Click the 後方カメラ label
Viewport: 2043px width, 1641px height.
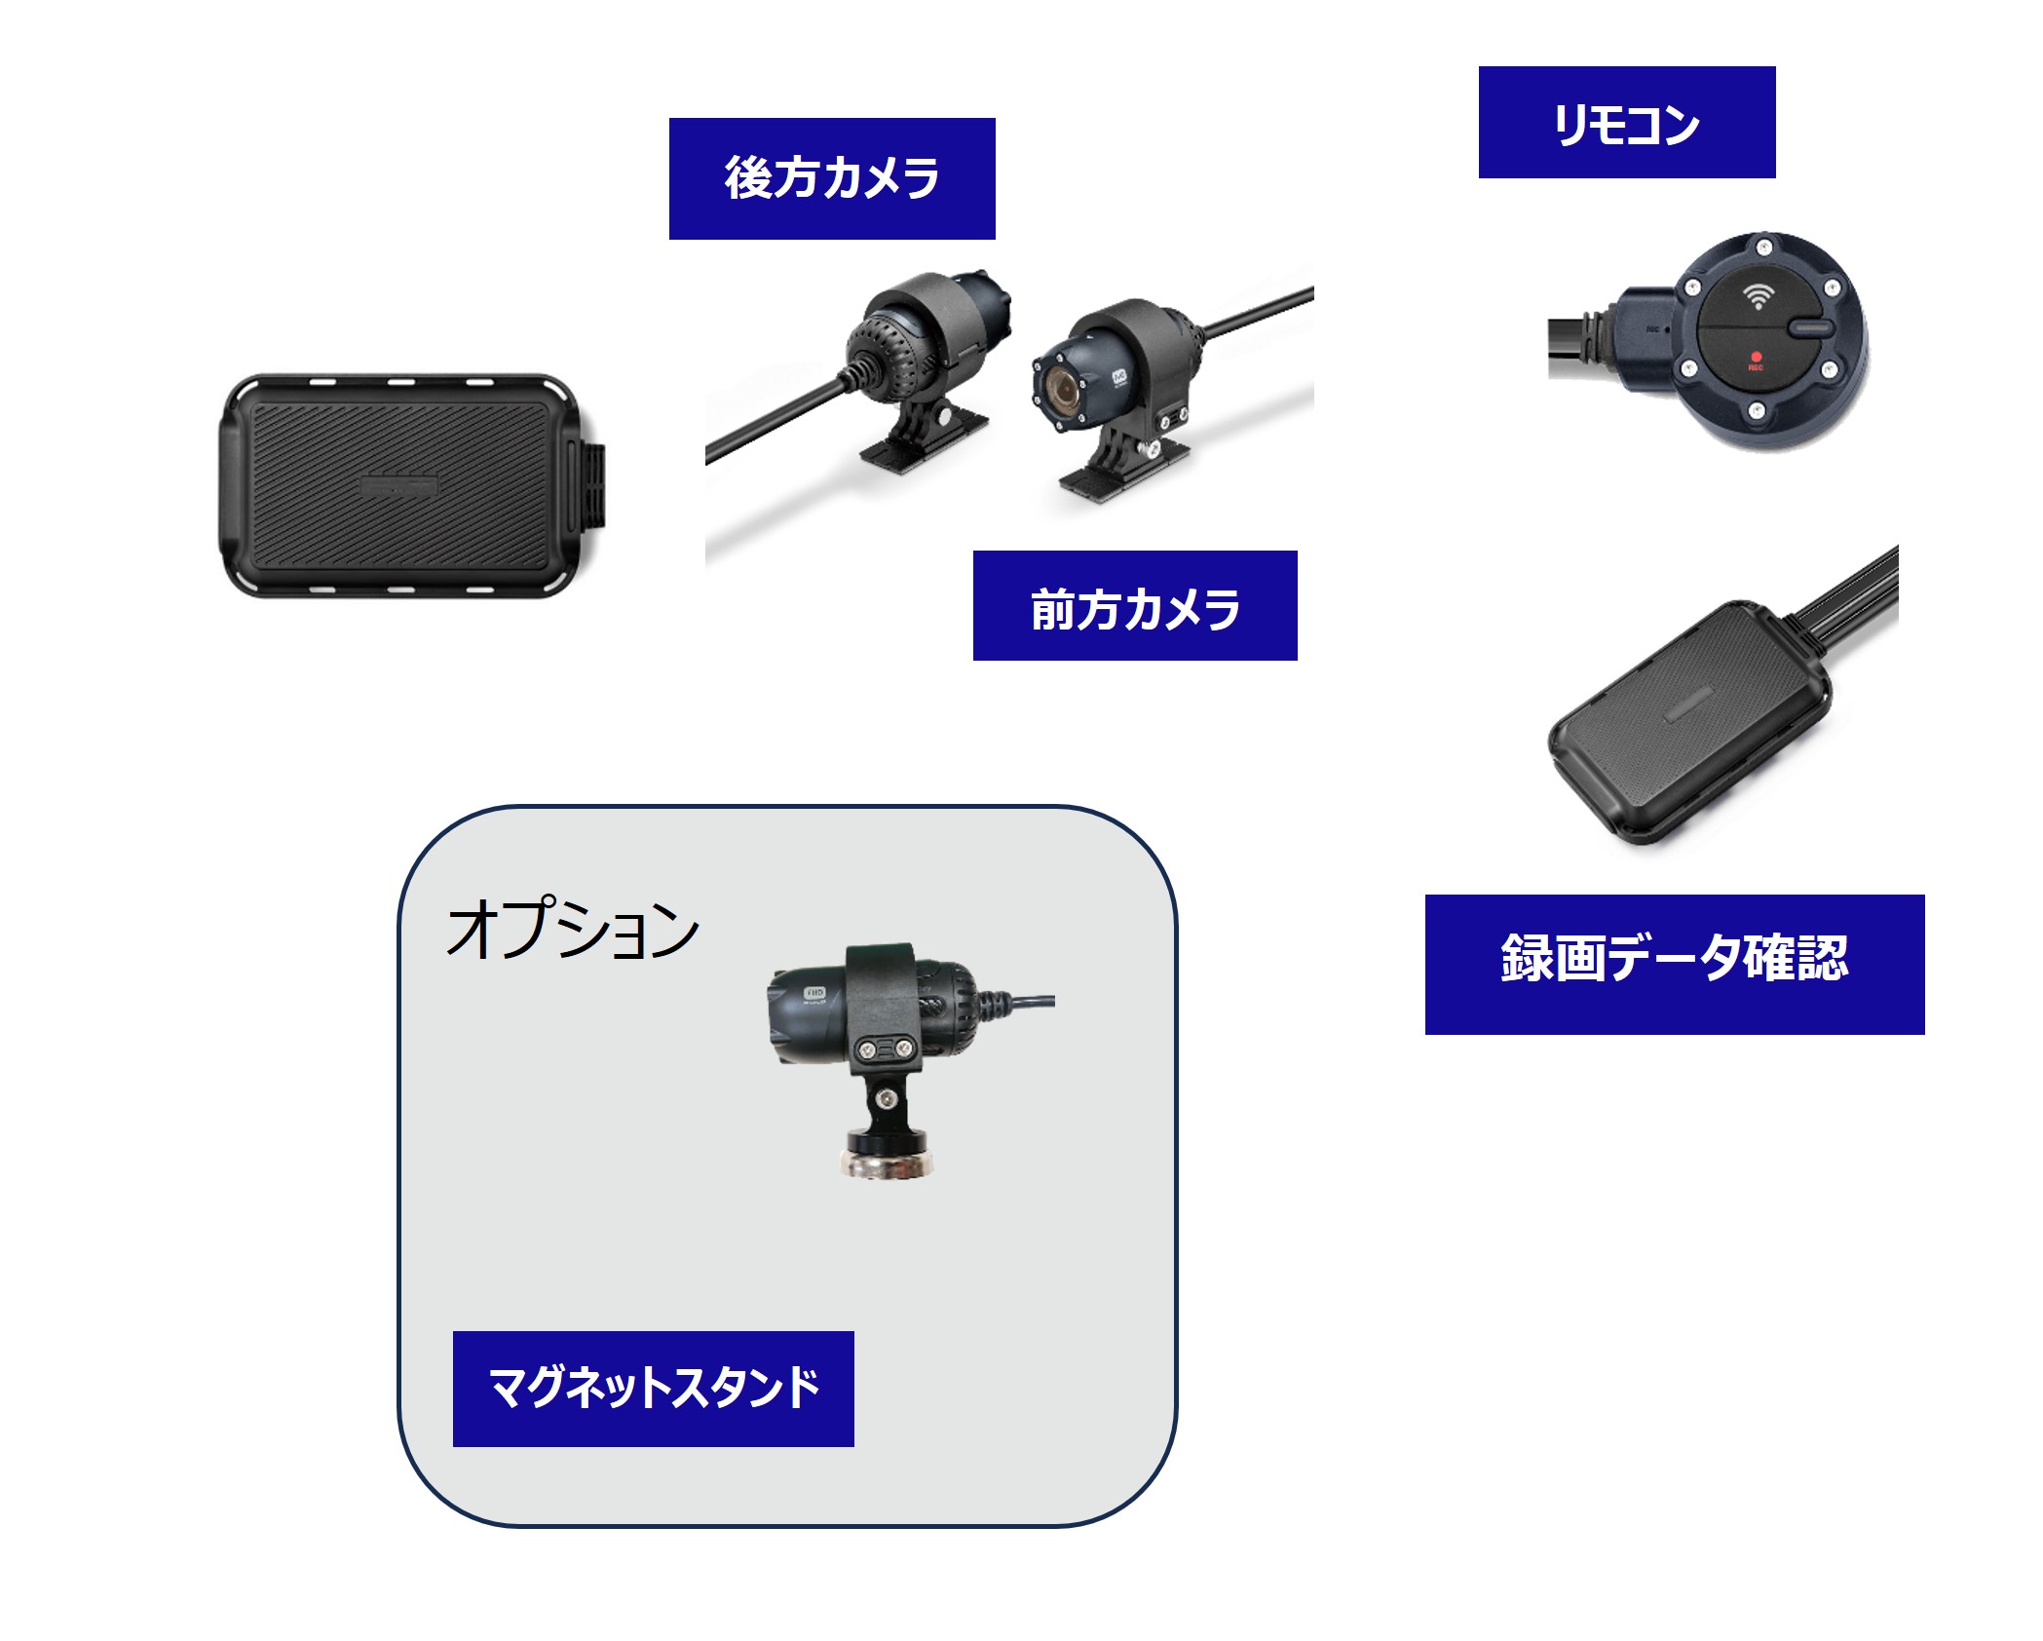832,178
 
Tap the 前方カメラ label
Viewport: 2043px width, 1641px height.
1135,606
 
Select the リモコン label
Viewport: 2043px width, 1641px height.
1627,123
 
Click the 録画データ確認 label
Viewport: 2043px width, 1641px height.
1675,965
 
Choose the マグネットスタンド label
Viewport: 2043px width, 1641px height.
654,1389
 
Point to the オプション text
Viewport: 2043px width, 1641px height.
573,929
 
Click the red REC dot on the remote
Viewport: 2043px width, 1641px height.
1756,358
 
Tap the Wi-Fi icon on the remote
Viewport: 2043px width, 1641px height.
1758,296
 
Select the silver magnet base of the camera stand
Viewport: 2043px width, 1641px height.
888,1163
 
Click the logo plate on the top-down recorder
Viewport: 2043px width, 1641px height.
399,486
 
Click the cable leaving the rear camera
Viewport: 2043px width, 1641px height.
775,421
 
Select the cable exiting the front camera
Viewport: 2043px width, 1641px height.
1257,314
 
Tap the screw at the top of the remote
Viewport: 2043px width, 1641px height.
1762,248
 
